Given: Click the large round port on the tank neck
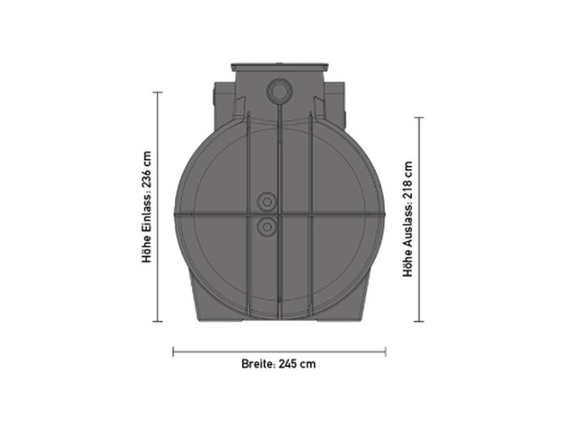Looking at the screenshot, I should (278, 91).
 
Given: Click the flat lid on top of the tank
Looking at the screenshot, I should (278, 68).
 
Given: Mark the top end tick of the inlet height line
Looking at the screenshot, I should (158, 92).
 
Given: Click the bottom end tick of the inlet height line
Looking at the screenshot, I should (158, 321).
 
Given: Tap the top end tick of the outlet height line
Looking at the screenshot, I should (419, 118).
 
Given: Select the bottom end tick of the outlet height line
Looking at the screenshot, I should (419, 321).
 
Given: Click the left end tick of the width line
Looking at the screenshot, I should (173, 351).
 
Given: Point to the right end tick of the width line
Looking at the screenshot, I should (385, 351).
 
